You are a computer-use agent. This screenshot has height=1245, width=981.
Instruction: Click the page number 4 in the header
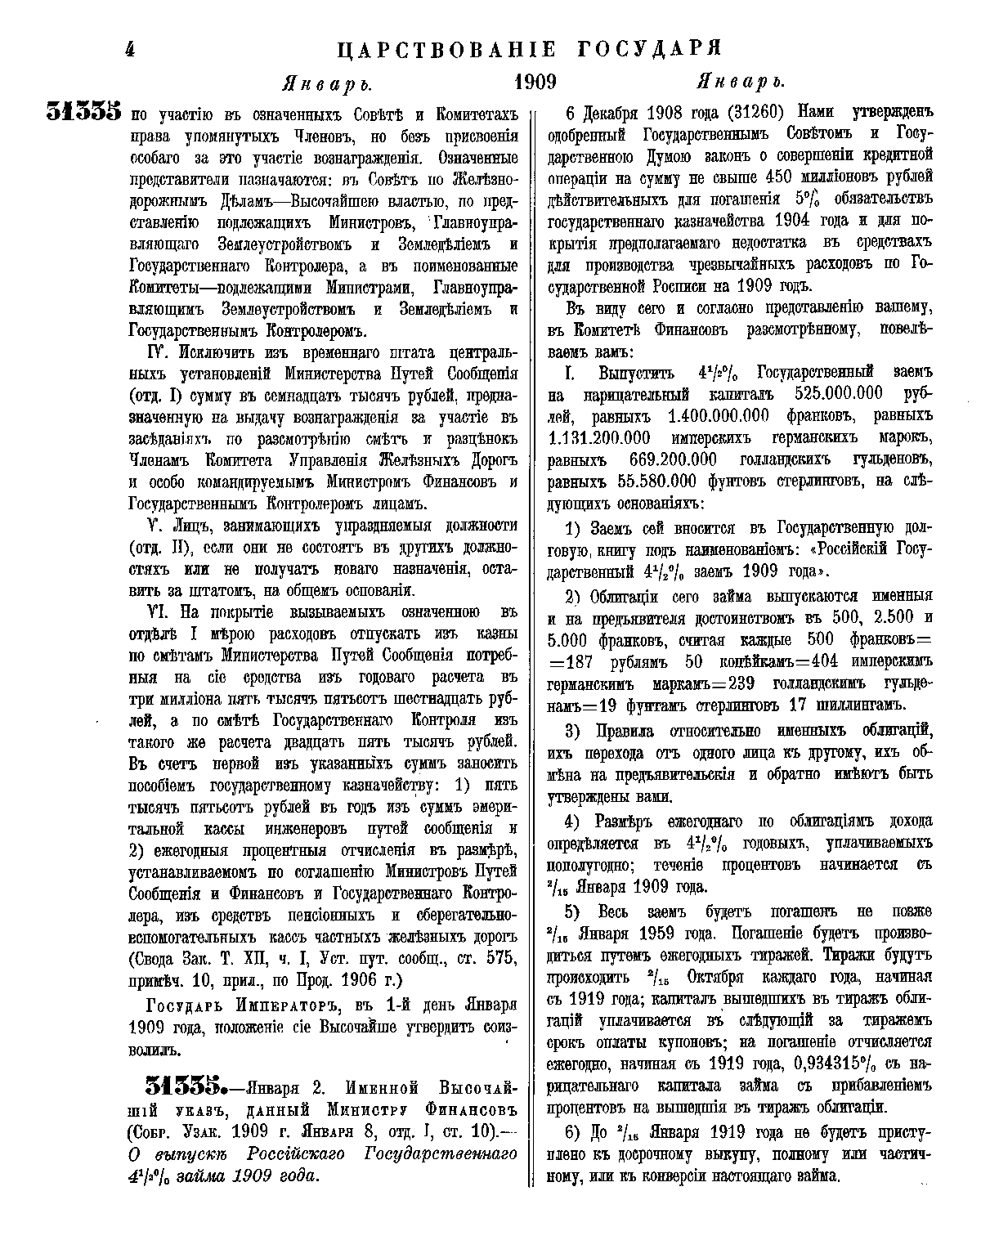[128, 49]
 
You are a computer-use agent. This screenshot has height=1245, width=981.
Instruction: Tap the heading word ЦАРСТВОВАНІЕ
[446, 49]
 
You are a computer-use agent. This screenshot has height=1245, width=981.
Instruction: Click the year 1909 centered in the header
[535, 82]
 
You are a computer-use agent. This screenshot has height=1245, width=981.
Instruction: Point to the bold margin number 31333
[84, 112]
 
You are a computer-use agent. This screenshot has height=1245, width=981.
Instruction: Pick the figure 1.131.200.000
[599, 437]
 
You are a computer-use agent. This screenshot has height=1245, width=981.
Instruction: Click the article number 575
[498, 956]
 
